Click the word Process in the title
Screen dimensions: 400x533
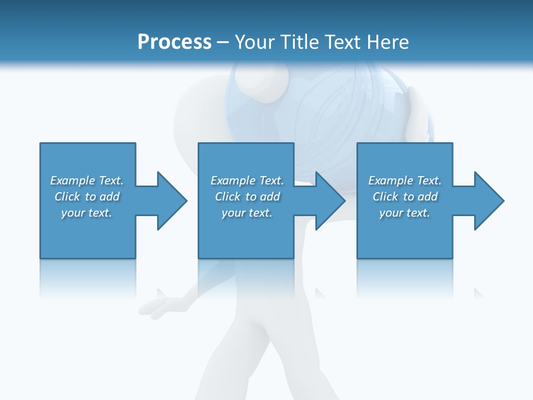point(174,42)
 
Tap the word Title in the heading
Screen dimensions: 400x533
point(298,42)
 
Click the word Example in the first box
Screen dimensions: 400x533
point(72,181)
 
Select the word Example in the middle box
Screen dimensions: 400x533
point(233,181)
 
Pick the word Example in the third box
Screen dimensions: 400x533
point(390,181)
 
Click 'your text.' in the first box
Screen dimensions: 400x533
point(87,213)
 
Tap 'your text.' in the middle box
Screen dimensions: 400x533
point(247,213)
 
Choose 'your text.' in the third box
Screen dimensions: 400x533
point(405,213)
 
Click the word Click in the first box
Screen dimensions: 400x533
point(67,197)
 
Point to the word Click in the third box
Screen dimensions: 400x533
point(385,197)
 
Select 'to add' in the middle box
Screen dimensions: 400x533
point(263,197)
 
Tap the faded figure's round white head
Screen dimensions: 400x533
point(258,83)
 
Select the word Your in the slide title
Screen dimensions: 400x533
point(253,42)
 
